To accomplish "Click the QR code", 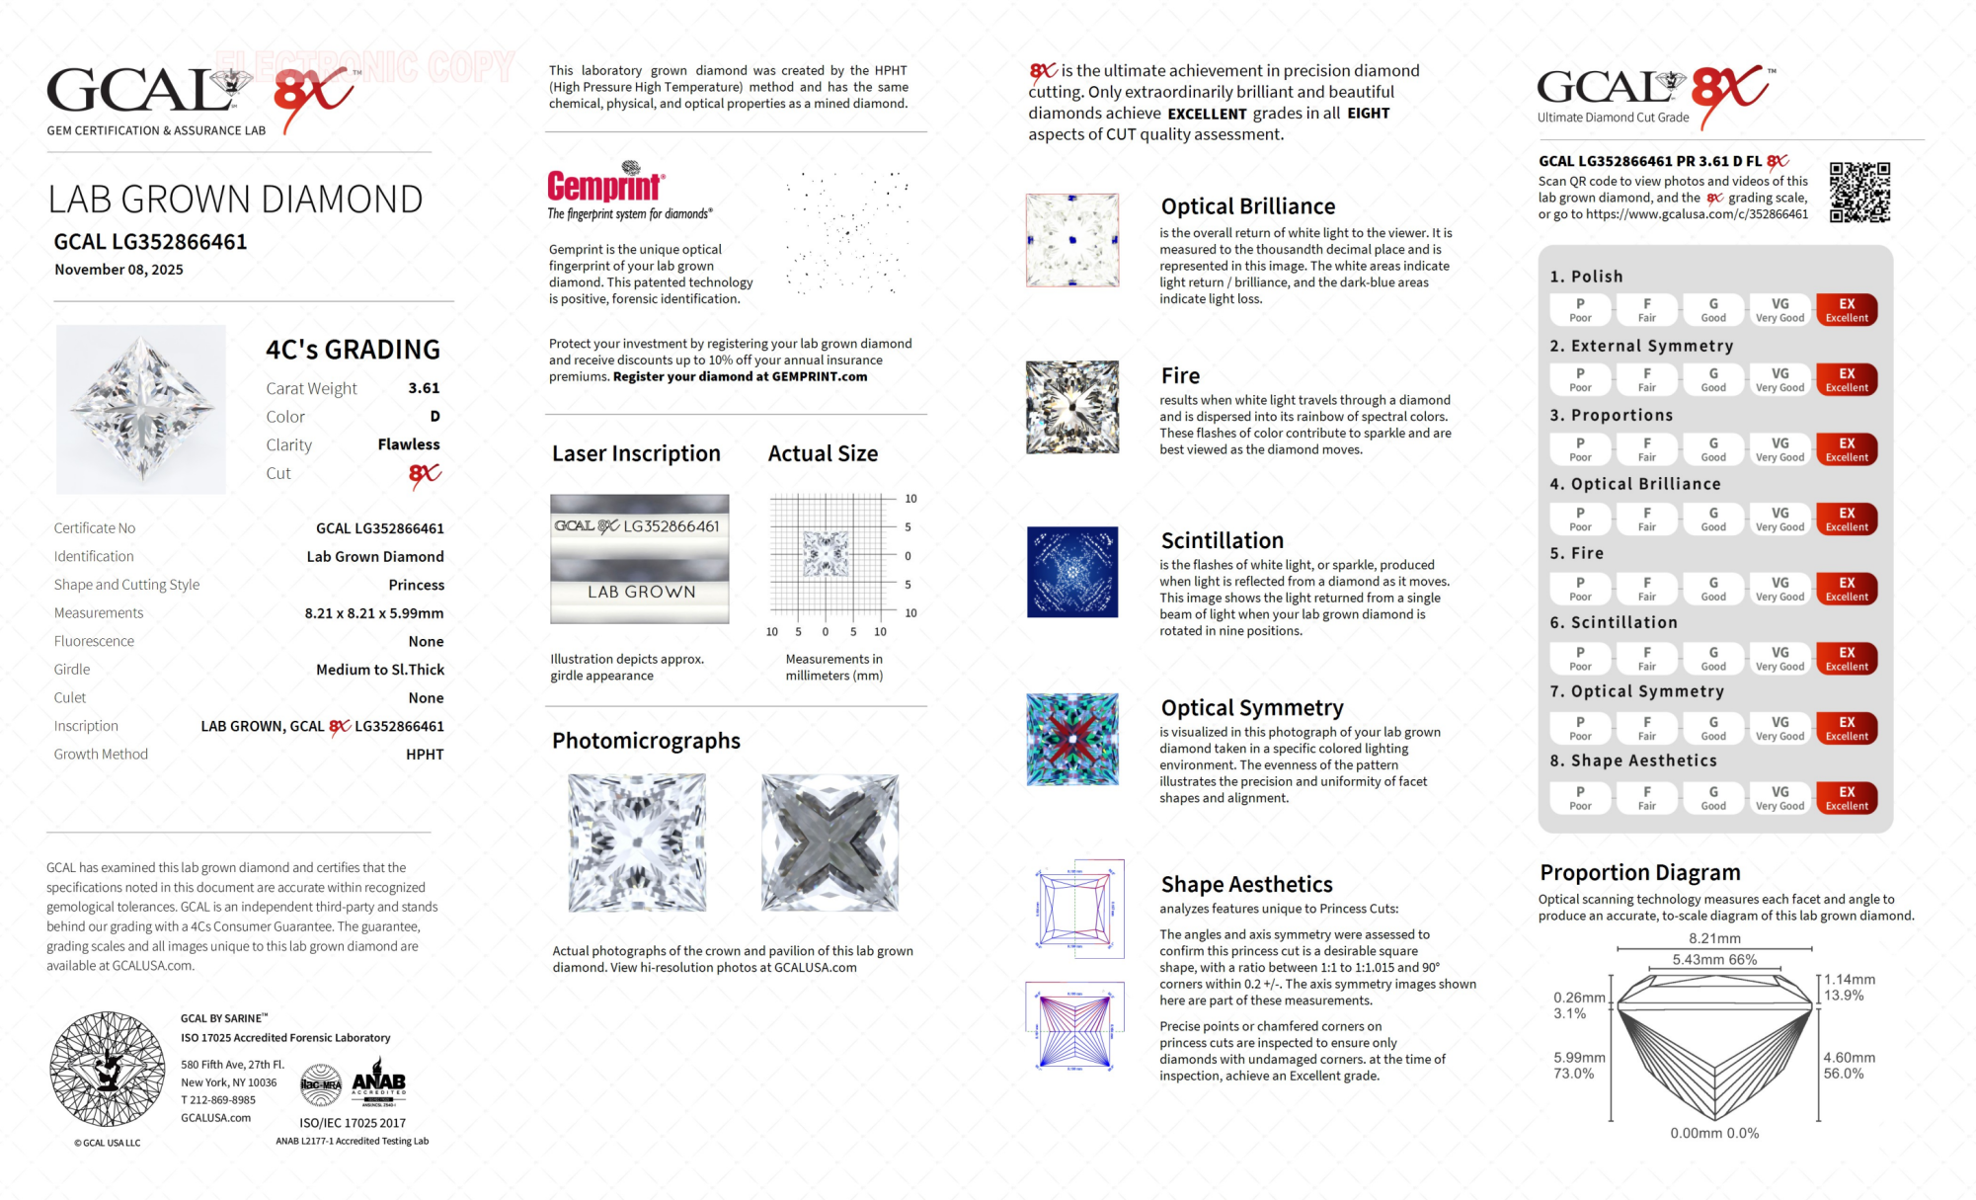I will coord(1859,193).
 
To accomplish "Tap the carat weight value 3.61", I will coord(424,388).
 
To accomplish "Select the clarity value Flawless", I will coord(409,444).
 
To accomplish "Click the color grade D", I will coord(435,417).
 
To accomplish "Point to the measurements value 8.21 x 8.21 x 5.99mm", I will coord(374,613).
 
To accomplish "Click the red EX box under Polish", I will coord(1846,310).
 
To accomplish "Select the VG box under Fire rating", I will coord(1779,589).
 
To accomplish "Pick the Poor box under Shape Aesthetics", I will coord(1580,798).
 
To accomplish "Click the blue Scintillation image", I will coord(1072,572).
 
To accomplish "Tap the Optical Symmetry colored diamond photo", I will coord(1072,740).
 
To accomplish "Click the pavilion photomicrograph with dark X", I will coord(830,842).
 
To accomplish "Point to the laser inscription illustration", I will coord(640,559).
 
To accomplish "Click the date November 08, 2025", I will coord(119,270).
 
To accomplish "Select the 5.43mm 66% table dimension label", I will coord(1714,960).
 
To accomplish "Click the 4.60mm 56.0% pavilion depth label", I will coord(1849,1065).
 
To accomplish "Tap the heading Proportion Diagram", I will coord(1639,873).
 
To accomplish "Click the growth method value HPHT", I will coord(425,755).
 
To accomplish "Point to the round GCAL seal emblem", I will coord(108,1069).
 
